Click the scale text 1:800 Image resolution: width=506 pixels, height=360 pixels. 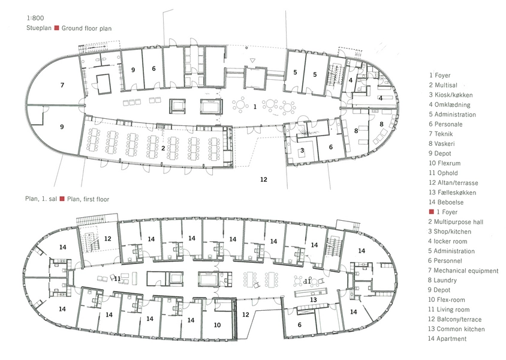pos(36,18)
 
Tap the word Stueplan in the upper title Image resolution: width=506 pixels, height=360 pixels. pos(39,28)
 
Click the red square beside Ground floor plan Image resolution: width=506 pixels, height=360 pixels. pos(56,28)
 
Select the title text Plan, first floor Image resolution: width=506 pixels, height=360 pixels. pos(88,199)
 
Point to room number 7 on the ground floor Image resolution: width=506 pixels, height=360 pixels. pos(62,85)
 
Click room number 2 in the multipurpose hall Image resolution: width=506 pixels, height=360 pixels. pos(163,148)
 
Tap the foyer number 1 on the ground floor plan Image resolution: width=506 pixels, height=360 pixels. pos(255,107)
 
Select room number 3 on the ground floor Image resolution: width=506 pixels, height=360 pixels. pos(302,150)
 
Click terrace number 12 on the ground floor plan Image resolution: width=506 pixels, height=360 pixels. pos(264,179)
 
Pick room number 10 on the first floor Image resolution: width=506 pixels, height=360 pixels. pos(217,325)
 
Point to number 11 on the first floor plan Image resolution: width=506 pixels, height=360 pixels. pos(117,278)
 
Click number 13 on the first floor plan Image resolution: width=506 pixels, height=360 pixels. pos(314,299)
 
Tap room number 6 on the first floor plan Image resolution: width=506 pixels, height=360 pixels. pos(300,325)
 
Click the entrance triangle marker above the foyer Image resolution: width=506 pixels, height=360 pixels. pos(253,60)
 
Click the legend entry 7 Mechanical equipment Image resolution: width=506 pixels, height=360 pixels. pos(463,271)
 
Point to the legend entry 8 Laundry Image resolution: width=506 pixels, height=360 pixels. pos(442,280)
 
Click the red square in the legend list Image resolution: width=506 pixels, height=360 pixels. pos(431,212)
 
